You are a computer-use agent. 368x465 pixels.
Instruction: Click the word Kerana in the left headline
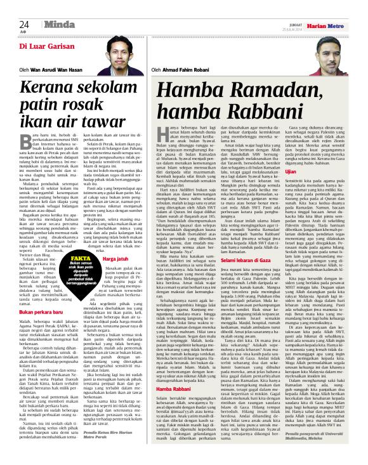coord(48,88)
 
